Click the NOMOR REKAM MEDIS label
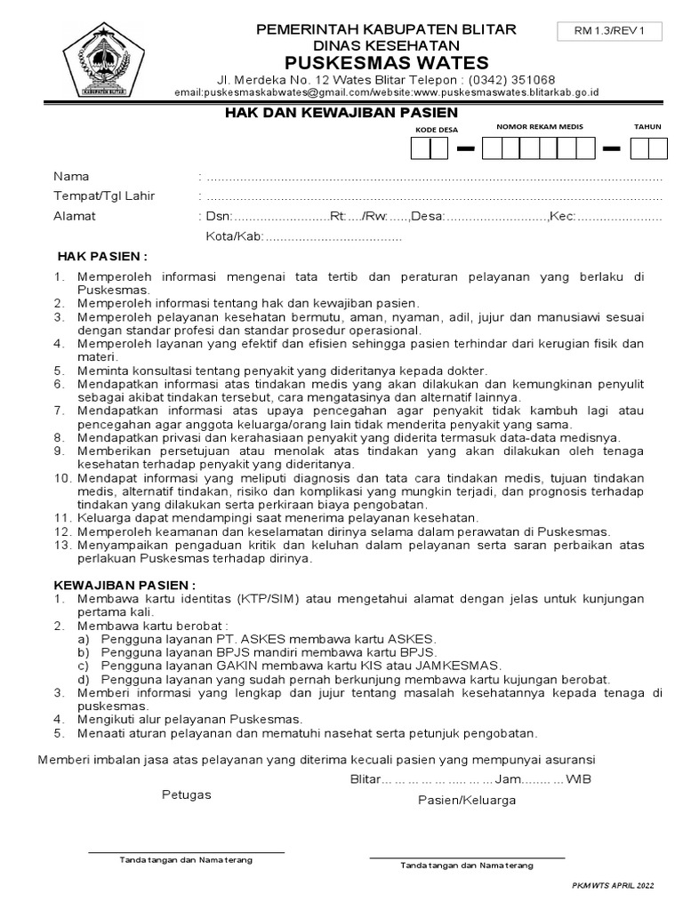tap(540, 127)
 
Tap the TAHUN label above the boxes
tap(647, 127)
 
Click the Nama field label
tap(71, 176)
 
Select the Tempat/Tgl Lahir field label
tap(104, 196)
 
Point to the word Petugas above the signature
tap(186, 794)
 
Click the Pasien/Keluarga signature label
tap(467, 800)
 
